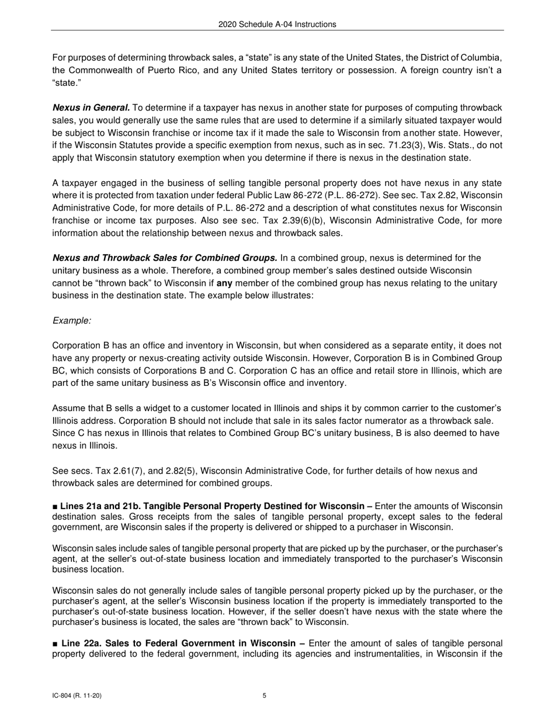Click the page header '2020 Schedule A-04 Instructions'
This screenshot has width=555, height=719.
pos(277,25)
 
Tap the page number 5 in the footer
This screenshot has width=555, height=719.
pos(265,696)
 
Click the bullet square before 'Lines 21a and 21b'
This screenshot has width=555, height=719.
pos(55,506)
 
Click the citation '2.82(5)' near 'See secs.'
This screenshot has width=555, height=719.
pos(165,471)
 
